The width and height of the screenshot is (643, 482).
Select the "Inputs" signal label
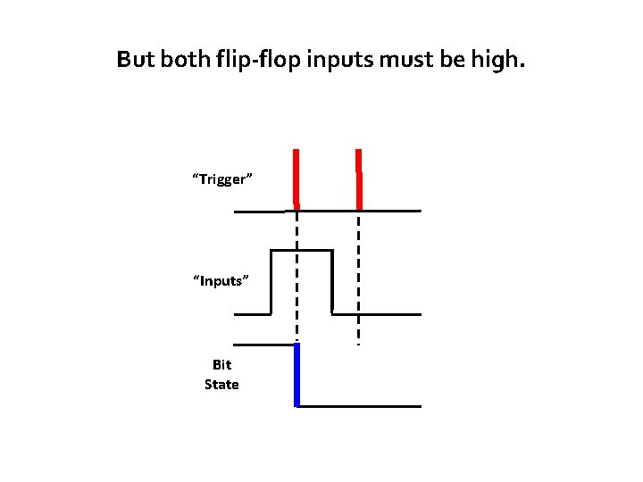[x=221, y=281]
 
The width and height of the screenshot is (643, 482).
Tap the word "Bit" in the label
[x=221, y=365]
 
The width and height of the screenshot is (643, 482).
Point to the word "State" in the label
[x=221, y=385]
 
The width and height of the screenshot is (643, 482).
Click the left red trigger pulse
[x=296, y=177]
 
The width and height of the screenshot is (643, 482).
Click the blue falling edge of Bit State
[x=296, y=375]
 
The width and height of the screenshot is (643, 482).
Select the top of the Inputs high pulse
[x=301, y=251]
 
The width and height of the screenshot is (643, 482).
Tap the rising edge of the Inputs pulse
[x=271, y=282]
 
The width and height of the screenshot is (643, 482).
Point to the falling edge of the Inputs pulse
[x=332, y=282]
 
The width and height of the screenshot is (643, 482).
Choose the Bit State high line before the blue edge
[x=264, y=345]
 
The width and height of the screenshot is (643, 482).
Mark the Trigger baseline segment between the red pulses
[x=328, y=211]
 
